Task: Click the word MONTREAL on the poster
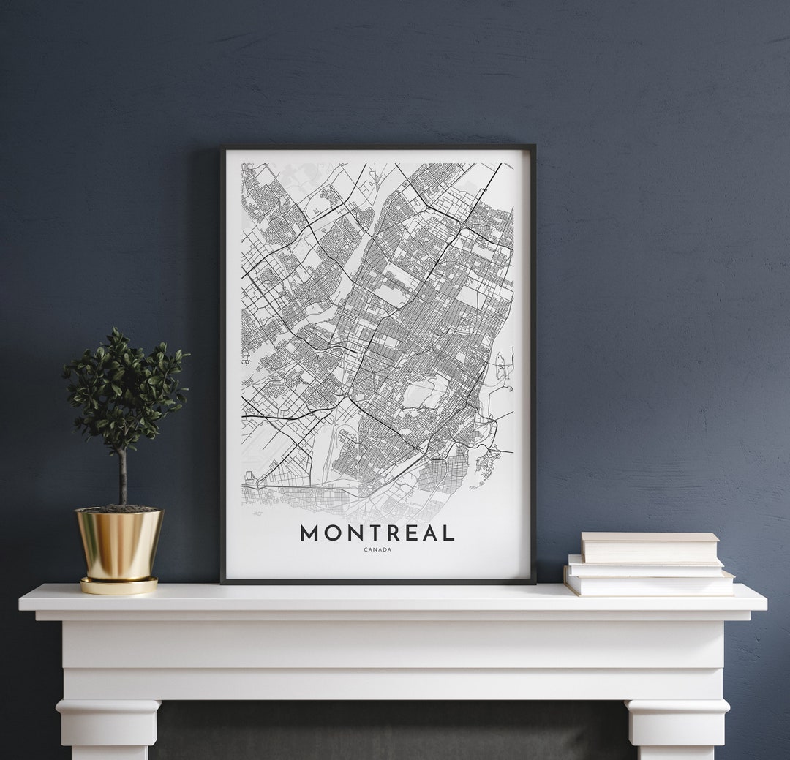[377, 533]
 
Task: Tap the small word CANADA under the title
[377, 550]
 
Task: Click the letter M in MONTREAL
[310, 533]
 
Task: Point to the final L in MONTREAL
[448, 533]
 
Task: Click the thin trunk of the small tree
[123, 475]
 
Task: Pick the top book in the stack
[649, 547]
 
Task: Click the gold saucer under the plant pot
[119, 586]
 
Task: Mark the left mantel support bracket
[108, 728]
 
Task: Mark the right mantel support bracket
[677, 728]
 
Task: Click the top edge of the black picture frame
[377, 148]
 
